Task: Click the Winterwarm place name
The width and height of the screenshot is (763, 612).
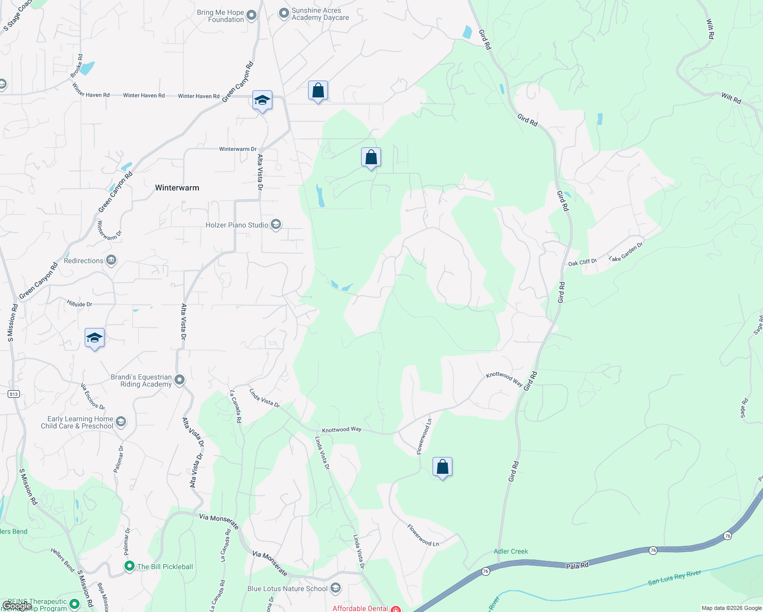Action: pyautogui.click(x=177, y=188)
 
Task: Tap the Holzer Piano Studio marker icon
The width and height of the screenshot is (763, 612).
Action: pyautogui.click(x=276, y=225)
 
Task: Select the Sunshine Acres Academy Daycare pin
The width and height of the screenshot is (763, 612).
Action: pyautogui.click(x=284, y=14)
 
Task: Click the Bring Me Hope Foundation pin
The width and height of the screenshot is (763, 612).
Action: pyautogui.click(x=251, y=16)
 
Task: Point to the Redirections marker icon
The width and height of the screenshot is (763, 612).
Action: pyautogui.click(x=111, y=261)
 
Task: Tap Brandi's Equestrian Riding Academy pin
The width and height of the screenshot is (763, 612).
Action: pyautogui.click(x=179, y=380)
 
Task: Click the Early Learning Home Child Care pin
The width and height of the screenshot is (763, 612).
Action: pyautogui.click(x=121, y=422)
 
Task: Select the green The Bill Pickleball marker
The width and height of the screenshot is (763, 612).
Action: pyautogui.click(x=130, y=566)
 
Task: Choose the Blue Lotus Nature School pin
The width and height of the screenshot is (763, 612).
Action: pyautogui.click(x=335, y=589)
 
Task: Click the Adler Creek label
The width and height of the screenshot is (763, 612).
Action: pyautogui.click(x=511, y=551)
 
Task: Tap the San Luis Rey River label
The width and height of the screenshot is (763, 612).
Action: pyautogui.click(x=674, y=578)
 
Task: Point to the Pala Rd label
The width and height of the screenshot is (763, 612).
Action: pyautogui.click(x=577, y=566)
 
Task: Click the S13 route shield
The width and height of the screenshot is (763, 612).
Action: pyautogui.click(x=14, y=394)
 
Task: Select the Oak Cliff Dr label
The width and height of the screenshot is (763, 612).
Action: pyautogui.click(x=582, y=263)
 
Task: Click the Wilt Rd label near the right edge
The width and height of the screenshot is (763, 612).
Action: pyautogui.click(x=731, y=98)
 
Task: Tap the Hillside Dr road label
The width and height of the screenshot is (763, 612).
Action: pyautogui.click(x=79, y=304)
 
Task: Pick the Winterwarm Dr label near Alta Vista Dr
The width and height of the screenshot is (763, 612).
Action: pyautogui.click(x=238, y=149)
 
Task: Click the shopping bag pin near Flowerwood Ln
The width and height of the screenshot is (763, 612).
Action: pyautogui.click(x=442, y=467)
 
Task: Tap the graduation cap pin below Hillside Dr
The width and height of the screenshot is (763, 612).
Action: pyautogui.click(x=94, y=338)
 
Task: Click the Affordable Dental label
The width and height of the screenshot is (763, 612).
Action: pyautogui.click(x=360, y=608)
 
